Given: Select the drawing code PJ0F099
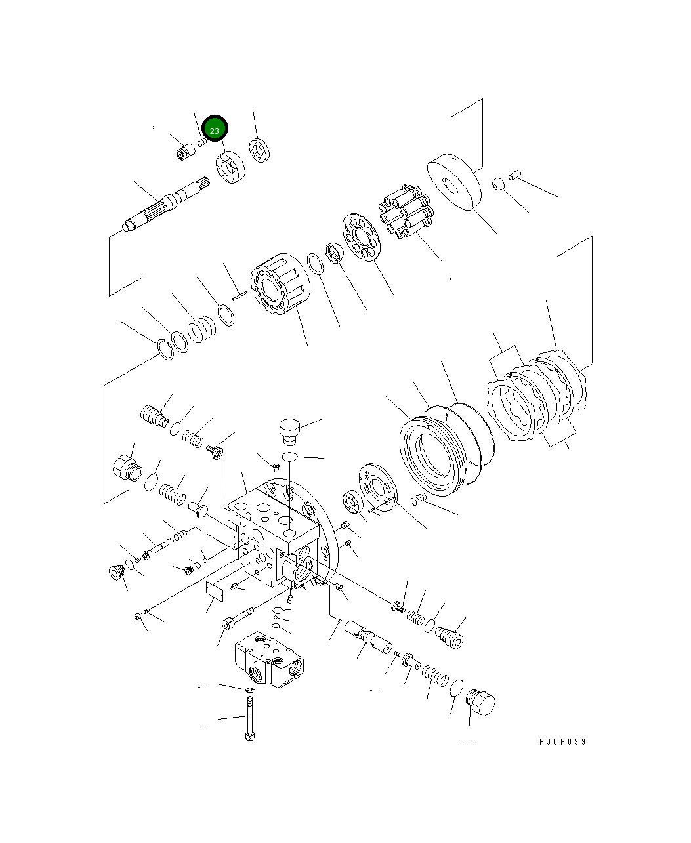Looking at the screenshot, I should click(562, 742).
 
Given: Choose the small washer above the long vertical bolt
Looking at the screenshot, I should click(249, 690).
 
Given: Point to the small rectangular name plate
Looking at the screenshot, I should click(215, 590).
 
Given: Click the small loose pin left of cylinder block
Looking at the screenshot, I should click(238, 294).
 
